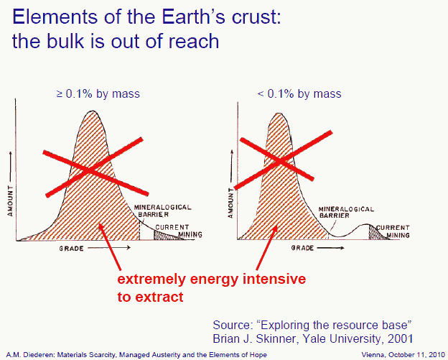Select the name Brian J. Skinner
(258, 337)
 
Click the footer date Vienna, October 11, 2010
(407, 355)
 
